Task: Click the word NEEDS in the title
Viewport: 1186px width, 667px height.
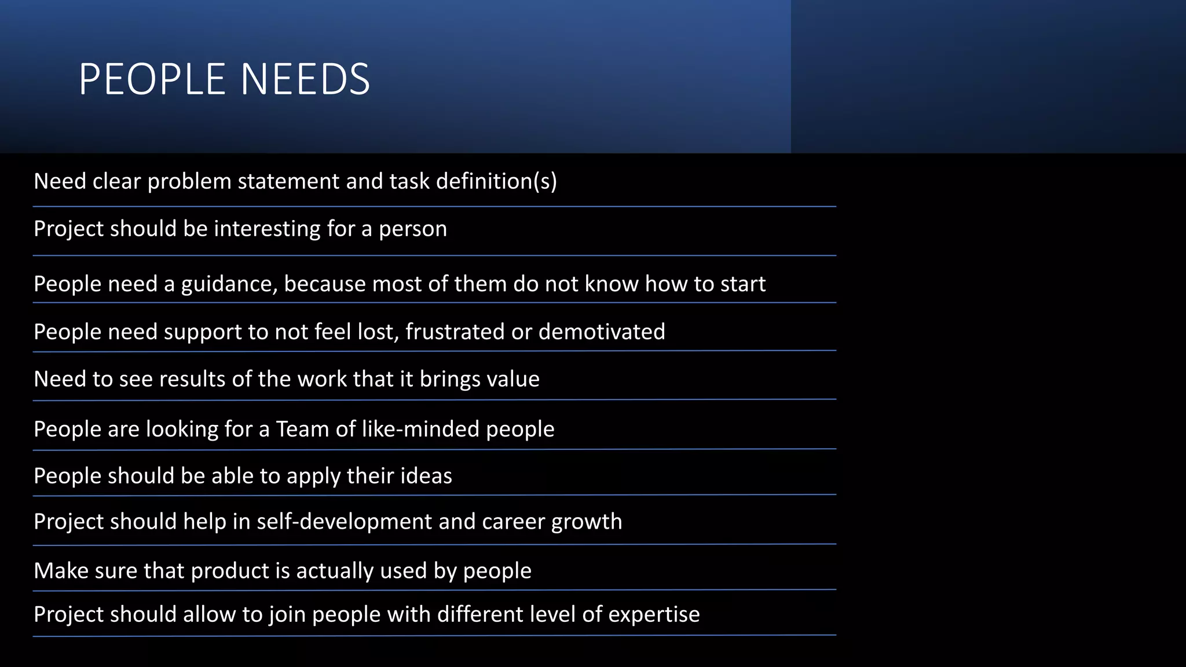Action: [305, 79]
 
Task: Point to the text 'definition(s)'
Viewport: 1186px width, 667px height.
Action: [496, 182]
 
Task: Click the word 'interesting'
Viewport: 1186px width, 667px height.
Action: [267, 229]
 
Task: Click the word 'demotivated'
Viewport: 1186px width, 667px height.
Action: [602, 332]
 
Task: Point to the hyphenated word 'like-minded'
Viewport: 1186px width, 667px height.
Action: [420, 429]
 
